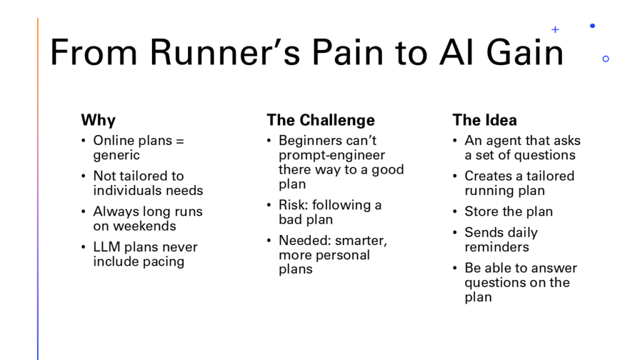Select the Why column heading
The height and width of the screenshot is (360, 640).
pos(98,120)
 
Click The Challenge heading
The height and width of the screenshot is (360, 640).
pos(321,120)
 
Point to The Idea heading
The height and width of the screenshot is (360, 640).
pos(484,120)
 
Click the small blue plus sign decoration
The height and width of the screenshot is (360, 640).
pos(555,29)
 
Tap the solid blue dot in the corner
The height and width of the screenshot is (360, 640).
pos(592,26)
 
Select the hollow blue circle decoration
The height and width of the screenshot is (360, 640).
pos(605,59)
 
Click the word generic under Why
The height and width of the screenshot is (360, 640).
pos(117,156)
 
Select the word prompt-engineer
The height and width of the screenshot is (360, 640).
pos(332,155)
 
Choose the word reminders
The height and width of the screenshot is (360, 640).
pos(496,247)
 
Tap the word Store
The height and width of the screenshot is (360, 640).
pos(482,211)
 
